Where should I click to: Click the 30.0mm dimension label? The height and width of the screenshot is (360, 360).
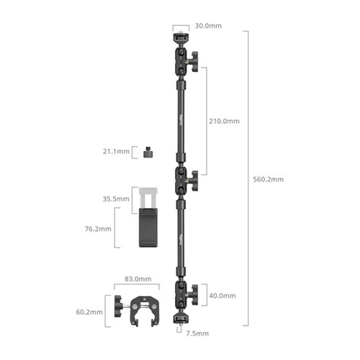(208, 26)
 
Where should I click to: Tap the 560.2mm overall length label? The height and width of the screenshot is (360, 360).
(268, 179)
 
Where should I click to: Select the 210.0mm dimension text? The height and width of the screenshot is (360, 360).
(224, 121)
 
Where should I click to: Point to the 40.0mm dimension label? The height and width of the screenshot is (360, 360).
(222, 296)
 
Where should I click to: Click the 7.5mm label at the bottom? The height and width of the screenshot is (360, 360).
(197, 333)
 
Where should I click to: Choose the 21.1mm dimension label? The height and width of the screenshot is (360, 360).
(116, 151)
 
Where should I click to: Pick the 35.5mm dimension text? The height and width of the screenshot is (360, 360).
(116, 199)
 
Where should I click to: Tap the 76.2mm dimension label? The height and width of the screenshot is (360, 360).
(98, 229)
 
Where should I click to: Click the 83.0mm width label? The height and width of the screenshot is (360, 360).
(138, 279)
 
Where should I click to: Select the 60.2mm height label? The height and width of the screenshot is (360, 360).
(89, 312)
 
